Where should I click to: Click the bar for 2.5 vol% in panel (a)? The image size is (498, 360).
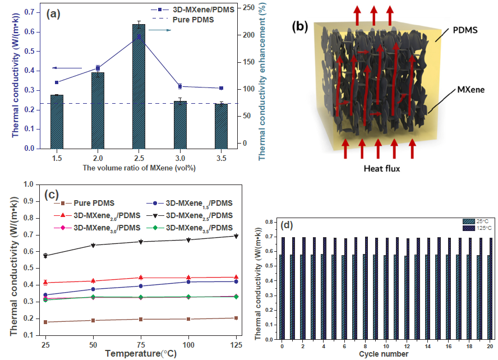pos(138,87)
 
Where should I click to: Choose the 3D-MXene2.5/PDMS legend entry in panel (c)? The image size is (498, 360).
pos(193,216)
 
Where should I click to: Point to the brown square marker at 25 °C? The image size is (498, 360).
pos(45,322)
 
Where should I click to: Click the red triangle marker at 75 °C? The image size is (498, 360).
pos(140,277)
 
